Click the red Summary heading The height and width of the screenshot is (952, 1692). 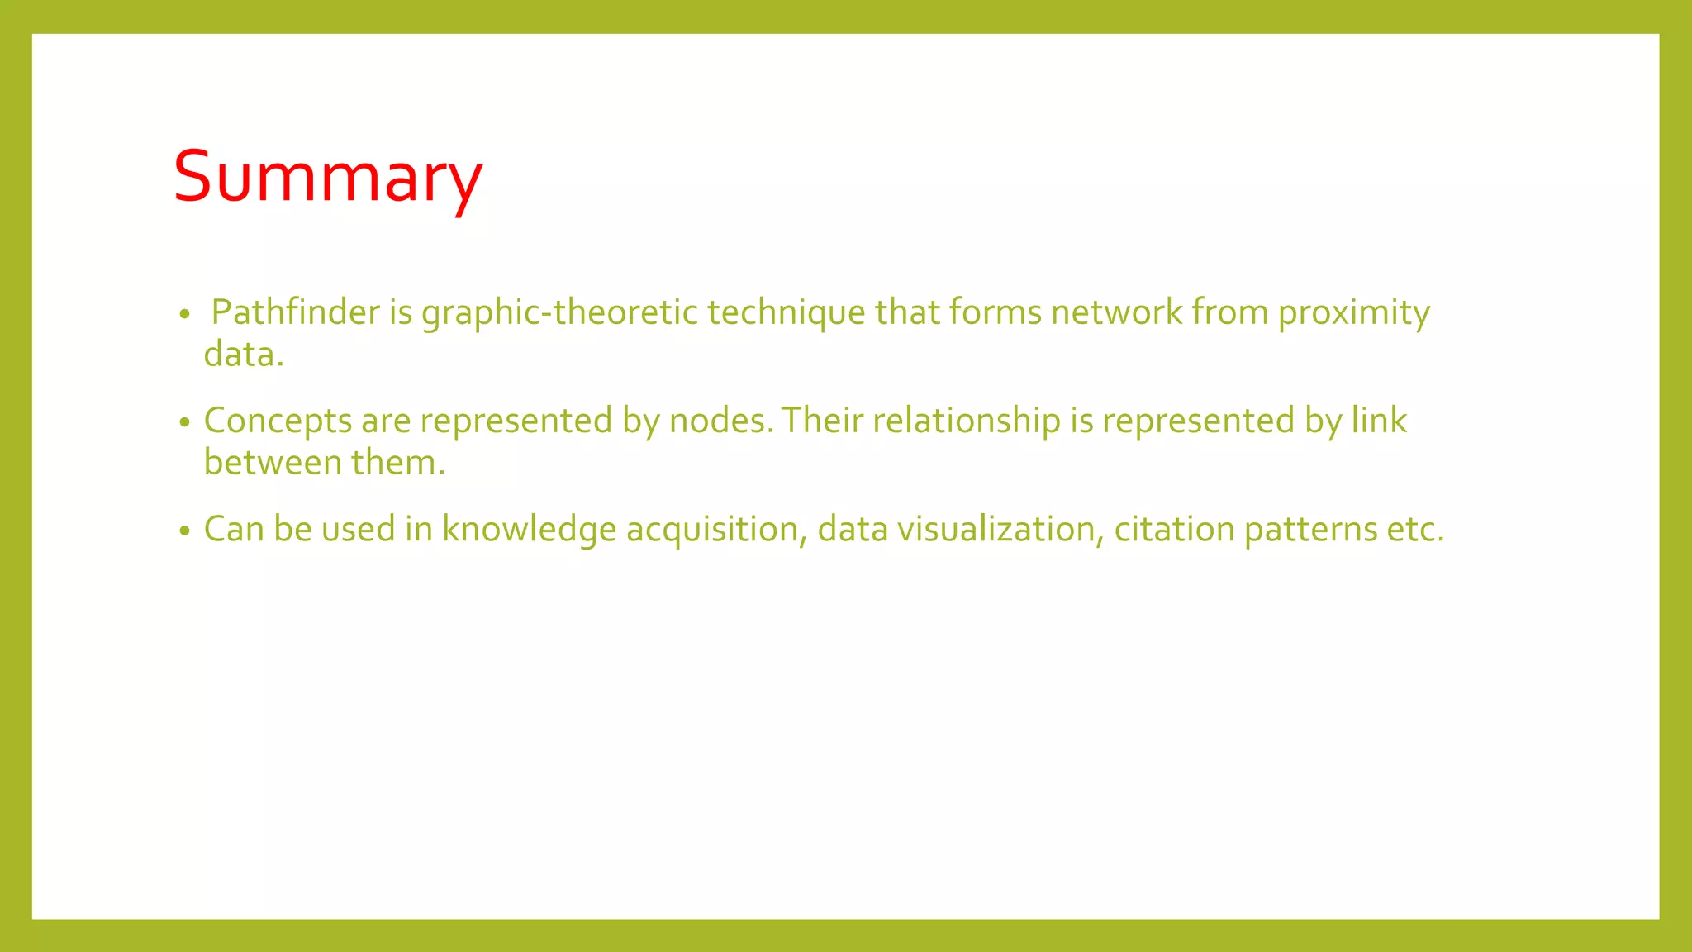tap(327, 177)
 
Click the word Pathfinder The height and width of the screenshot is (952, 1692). tap(295, 312)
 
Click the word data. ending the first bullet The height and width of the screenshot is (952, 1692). tap(244, 355)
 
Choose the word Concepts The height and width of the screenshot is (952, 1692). tap(278, 421)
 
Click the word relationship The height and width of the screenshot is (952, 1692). tap(966, 421)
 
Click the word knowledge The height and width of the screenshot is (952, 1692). tap(529, 530)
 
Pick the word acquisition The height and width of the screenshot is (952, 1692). tap(715, 530)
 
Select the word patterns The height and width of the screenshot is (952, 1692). tap(1310, 530)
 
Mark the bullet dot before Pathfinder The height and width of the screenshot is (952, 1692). tap(184, 315)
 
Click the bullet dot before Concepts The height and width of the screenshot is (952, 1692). tap(184, 422)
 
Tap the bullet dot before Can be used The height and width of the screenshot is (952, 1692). tap(184, 531)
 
